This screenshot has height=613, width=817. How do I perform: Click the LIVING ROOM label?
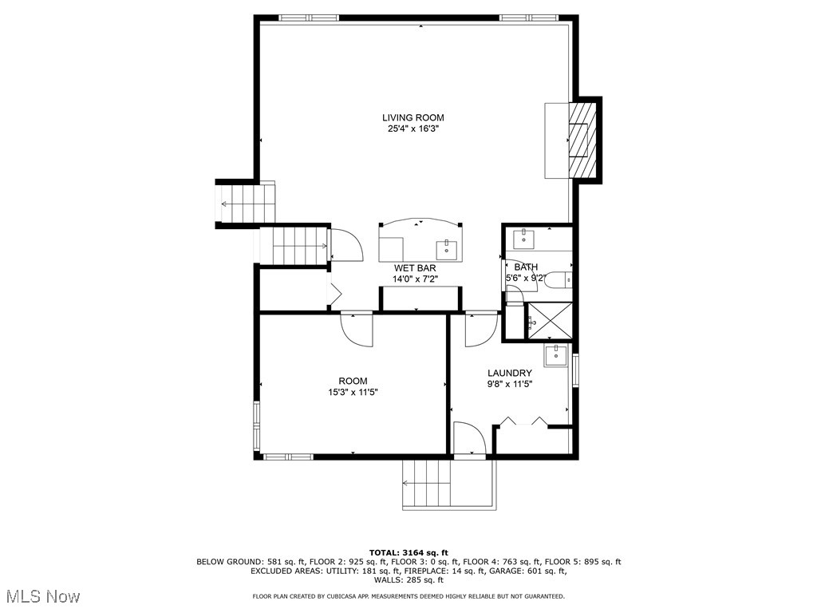[412, 117]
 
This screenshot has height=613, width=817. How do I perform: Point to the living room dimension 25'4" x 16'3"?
[412, 129]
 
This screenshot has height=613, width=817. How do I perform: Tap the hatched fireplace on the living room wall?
[582, 140]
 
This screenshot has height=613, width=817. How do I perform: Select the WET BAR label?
[414, 268]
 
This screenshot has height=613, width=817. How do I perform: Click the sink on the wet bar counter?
[447, 247]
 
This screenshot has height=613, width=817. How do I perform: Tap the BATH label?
[526, 267]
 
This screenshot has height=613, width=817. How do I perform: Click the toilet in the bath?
[561, 279]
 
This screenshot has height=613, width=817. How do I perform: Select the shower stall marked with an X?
[549, 322]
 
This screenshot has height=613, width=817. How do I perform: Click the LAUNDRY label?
[510, 373]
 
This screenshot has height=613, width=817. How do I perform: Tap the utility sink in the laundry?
[556, 355]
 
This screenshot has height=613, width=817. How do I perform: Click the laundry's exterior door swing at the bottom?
[468, 439]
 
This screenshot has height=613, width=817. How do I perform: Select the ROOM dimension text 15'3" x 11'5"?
[353, 393]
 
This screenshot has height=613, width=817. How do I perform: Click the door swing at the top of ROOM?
[357, 327]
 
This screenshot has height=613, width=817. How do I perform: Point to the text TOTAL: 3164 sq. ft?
[408, 552]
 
